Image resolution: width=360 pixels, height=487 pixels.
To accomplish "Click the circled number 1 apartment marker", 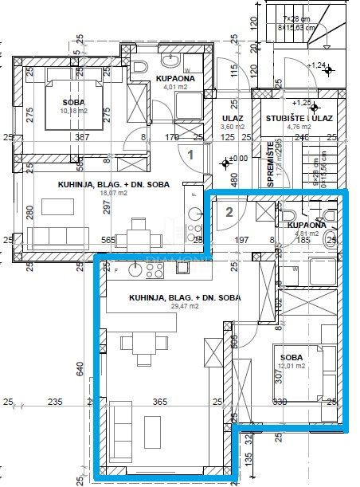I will [x=190, y=155].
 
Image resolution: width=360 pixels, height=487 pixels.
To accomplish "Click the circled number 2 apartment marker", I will [x=229, y=212].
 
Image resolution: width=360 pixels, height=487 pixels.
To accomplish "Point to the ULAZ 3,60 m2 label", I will [x=232, y=121].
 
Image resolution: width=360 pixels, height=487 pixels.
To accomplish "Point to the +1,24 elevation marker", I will [x=319, y=65].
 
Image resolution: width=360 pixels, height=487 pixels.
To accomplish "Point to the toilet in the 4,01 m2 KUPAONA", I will [x=140, y=66].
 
